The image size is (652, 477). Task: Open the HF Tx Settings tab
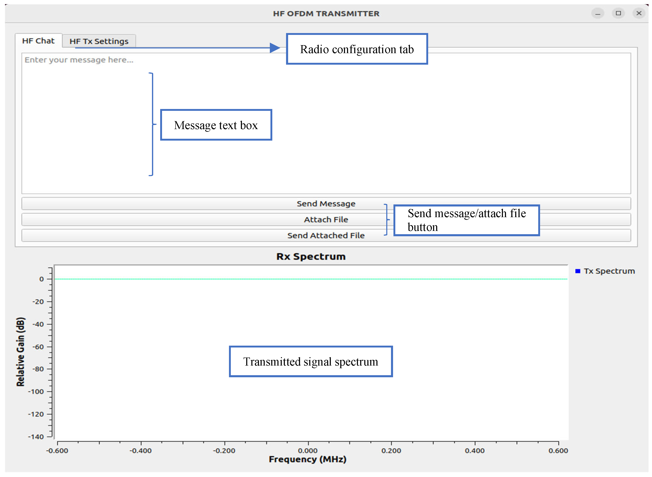(99, 41)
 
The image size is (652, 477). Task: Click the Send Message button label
(326, 204)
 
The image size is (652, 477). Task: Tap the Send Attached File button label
(326, 235)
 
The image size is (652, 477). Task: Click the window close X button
(639, 13)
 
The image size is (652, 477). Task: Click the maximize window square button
(618, 13)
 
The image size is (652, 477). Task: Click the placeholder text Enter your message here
(79, 60)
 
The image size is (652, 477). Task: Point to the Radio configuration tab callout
(356, 49)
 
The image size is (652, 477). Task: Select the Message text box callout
(216, 125)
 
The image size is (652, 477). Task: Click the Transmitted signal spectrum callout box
(310, 361)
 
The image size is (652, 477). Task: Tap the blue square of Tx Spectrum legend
(577, 271)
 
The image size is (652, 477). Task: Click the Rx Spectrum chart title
(311, 256)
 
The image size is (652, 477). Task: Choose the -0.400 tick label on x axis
(140, 451)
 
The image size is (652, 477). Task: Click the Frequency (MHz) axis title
(307, 459)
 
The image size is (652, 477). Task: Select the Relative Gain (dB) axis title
(20, 352)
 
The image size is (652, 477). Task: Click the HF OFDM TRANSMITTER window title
(326, 14)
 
